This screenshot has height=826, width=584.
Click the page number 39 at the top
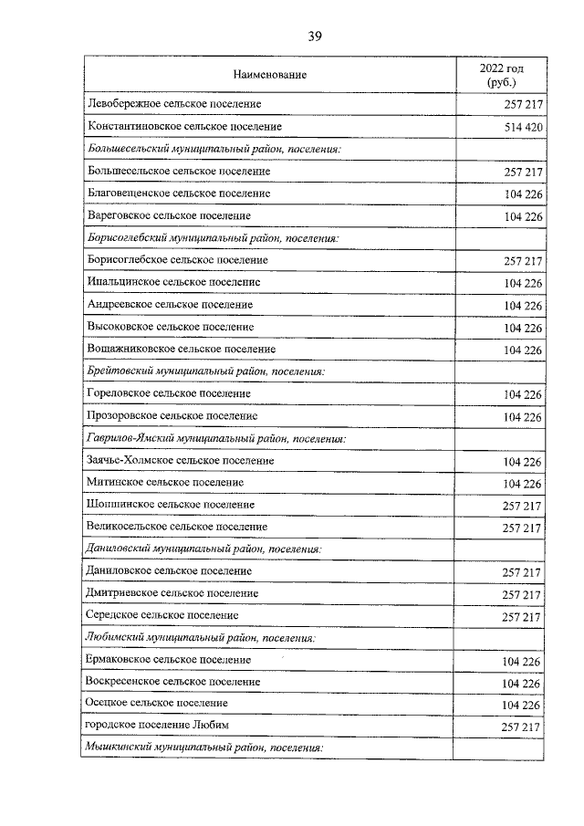[x=314, y=37]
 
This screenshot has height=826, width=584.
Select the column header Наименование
[x=269, y=74]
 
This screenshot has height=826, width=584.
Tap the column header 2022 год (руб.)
[x=501, y=75]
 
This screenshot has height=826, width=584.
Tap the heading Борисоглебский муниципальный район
[x=213, y=238]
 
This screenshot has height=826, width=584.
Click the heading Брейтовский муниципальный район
[x=205, y=371]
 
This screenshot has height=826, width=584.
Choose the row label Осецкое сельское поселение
[x=157, y=705]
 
